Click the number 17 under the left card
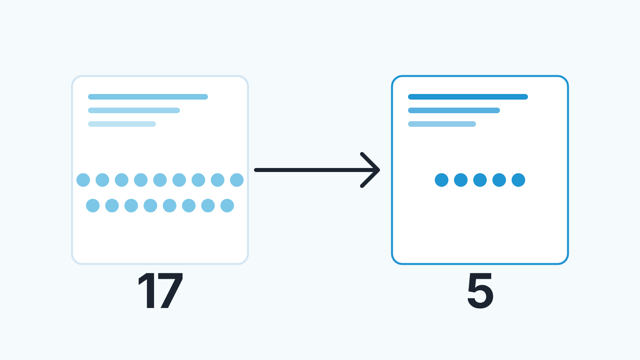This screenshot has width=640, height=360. tap(160, 290)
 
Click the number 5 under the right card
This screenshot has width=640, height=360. tap(480, 291)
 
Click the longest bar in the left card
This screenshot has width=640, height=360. tap(148, 97)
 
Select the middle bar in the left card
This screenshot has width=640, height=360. tap(134, 110)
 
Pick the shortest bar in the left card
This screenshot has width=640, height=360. tap(122, 124)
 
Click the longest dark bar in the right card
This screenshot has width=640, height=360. tap(468, 97)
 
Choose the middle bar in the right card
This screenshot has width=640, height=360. tap(454, 110)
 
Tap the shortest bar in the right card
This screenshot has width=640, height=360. tap(442, 124)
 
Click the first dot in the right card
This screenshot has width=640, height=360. tap(442, 180)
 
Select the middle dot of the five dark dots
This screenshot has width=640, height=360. tap(480, 180)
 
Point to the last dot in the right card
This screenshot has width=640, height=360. tap(518, 180)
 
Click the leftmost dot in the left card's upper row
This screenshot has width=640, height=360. tap(83, 180)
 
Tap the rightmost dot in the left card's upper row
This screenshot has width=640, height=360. tap(237, 180)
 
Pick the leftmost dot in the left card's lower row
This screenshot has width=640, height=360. tap(93, 206)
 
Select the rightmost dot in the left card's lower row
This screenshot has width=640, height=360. tap(227, 206)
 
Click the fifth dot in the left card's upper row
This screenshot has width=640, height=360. tap(160, 180)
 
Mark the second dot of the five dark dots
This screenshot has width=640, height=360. tap(461, 180)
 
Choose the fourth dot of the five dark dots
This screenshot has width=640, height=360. tap(499, 180)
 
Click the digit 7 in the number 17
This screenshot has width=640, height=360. tap(170, 290)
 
